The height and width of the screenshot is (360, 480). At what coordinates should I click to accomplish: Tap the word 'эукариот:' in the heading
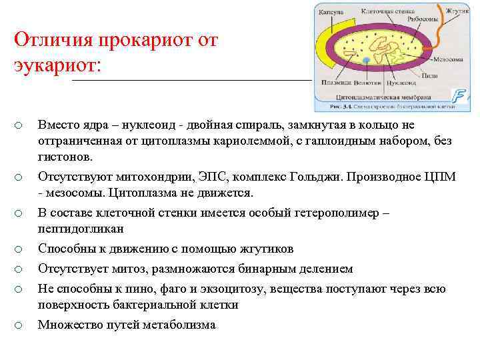coord(57,66)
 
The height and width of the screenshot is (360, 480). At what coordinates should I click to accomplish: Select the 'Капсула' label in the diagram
coord(331,12)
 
